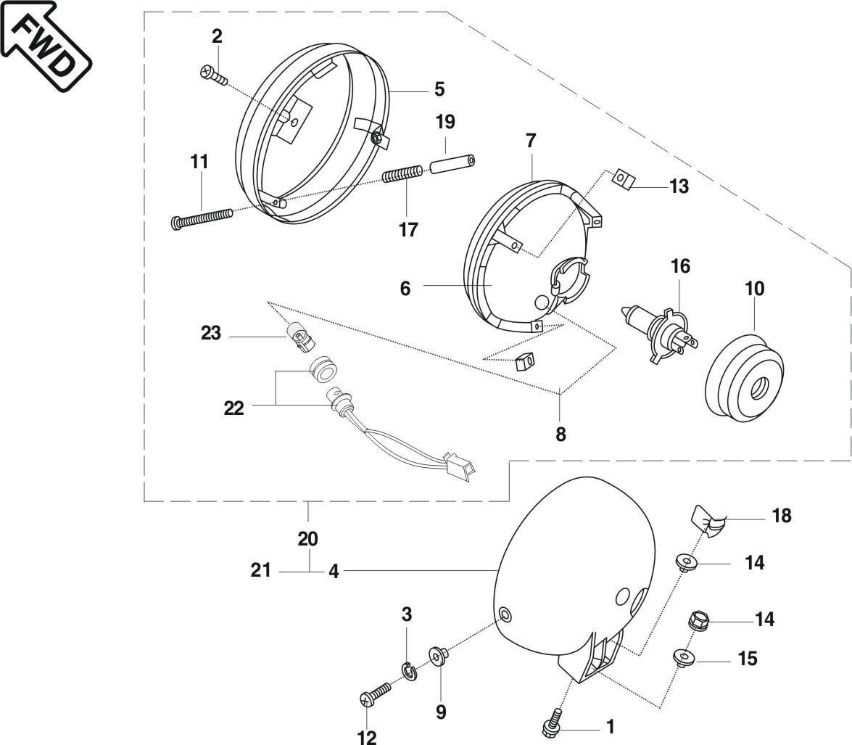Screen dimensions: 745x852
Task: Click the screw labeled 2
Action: coord(212,74)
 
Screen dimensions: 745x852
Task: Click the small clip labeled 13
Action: coord(624,178)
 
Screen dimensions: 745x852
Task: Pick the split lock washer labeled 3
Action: coord(408,671)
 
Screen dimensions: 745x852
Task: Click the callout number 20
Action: coord(308,539)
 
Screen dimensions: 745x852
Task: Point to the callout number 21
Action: coord(260,571)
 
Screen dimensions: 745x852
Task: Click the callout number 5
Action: coord(439,89)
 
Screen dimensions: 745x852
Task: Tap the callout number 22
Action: coord(233,408)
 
